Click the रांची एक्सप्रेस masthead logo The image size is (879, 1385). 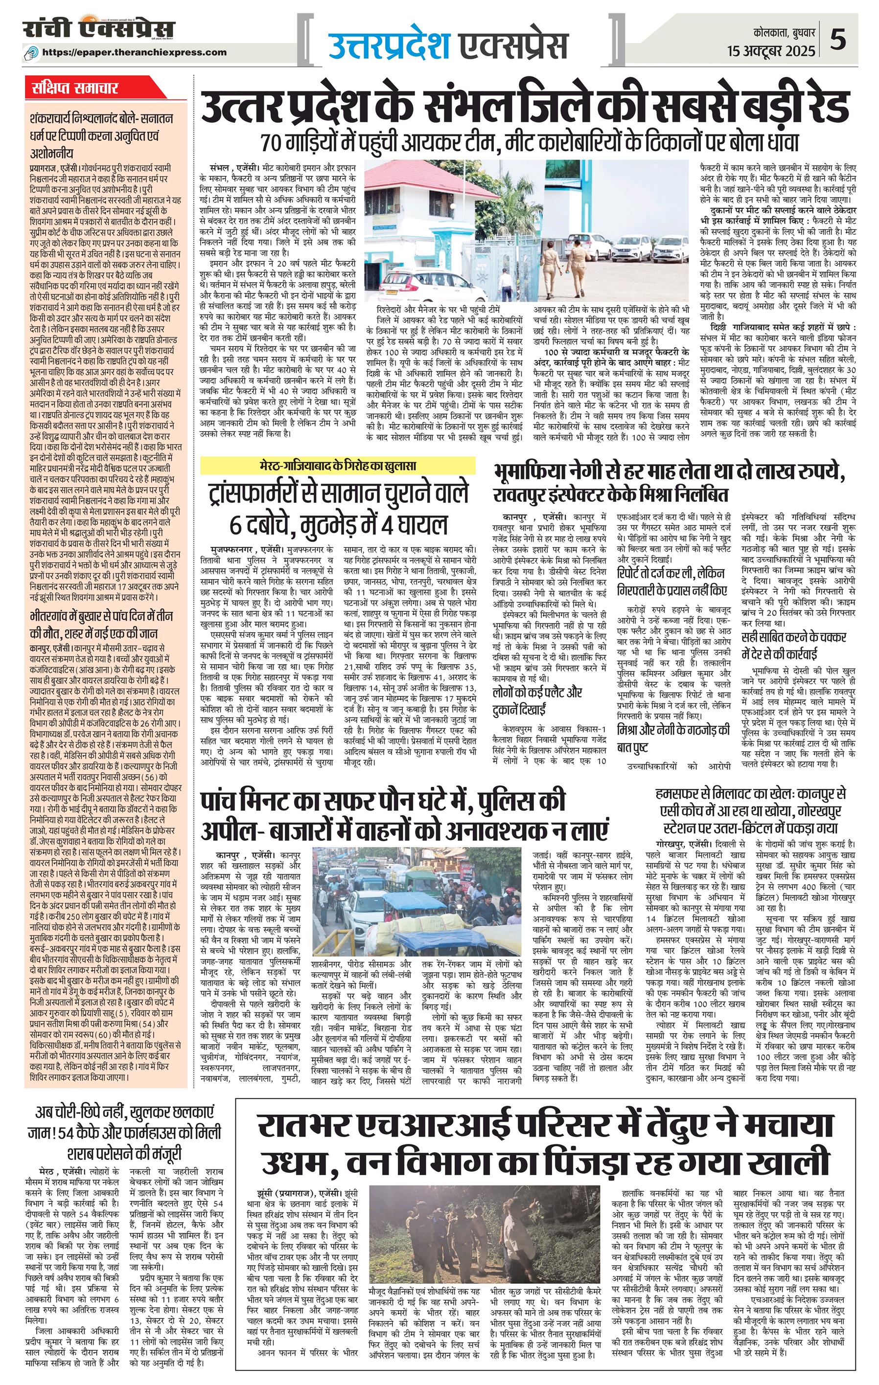click(x=98, y=30)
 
